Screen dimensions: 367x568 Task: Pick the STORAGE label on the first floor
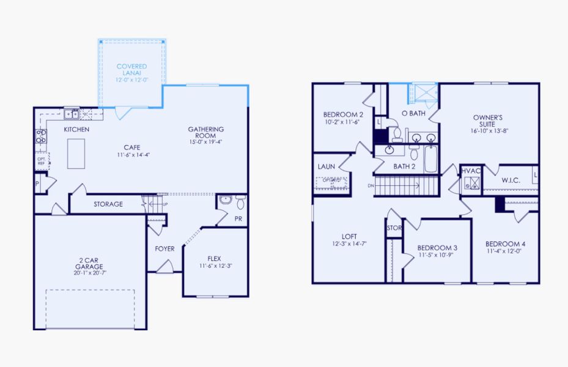(x=108, y=204)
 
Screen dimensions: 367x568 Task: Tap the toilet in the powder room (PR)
(x=240, y=202)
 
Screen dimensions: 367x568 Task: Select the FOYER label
(x=164, y=249)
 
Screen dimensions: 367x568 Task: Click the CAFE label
(x=132, y=147)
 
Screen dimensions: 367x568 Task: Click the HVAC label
(x=470, y=171)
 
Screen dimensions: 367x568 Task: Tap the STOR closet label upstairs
(x=393, y=228)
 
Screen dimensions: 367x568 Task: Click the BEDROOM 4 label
(x=505, y=243)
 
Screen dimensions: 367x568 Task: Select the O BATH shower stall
(x=421, y=93)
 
